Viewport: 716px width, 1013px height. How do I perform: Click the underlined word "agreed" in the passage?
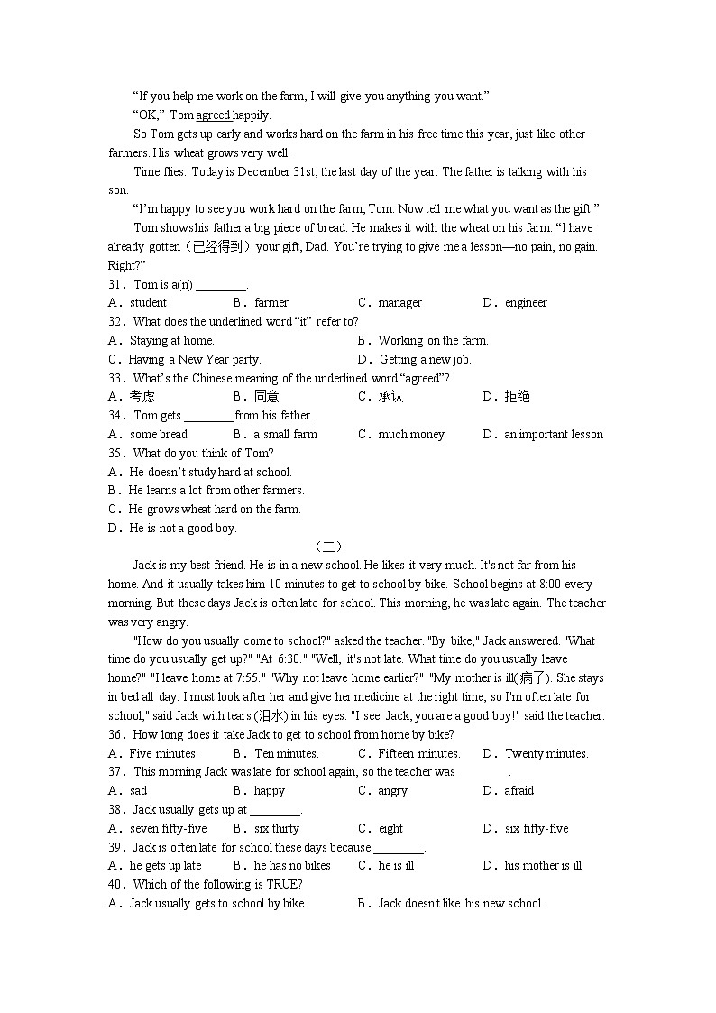point(213,115)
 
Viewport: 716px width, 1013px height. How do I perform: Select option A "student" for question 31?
point(148,303)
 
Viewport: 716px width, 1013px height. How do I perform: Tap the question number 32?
point(115,322)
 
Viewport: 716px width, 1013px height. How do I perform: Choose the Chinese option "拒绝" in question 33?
point(518,397)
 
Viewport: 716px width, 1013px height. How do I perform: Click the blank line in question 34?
point(208,416)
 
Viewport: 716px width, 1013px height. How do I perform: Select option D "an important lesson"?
point(554,435)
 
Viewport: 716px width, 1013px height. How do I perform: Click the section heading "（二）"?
point(328,547)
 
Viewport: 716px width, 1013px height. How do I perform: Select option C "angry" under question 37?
point(392,791)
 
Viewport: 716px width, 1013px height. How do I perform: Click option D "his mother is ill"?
point(543,866)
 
